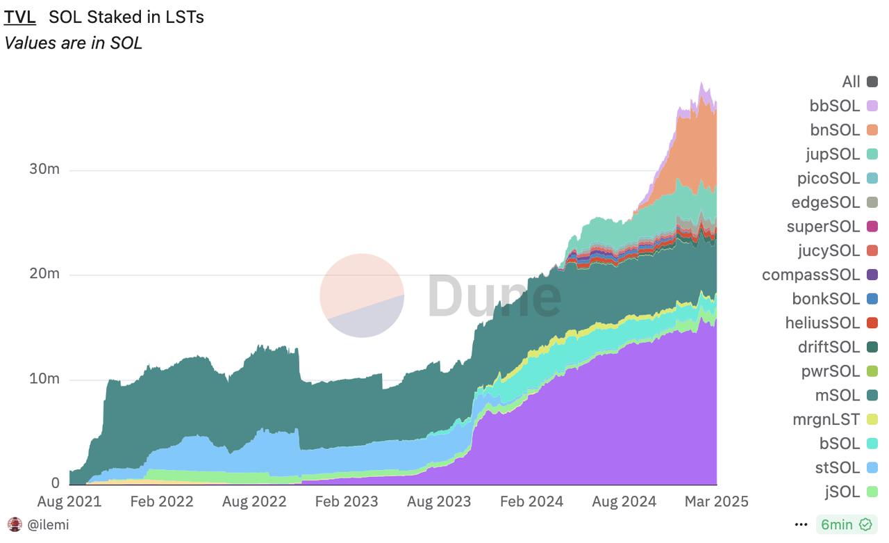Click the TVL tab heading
[x=20, y=17]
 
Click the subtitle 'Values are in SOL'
[x=73, y=43]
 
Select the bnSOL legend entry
[x=835, y=130]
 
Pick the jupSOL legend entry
[x=833, y=154]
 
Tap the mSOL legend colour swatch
[x=872, y=396]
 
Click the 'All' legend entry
[x=851, y=82]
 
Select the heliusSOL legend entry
[x=822, y=323]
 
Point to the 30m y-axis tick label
[x=44, y=170]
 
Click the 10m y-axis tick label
[x=44, y=380]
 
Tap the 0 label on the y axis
[x=55, y=483]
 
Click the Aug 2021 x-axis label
[x=69, y=501]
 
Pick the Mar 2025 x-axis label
[x=716, y=501]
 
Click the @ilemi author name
[x=48, y=525]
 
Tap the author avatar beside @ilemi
[x=14, y=525]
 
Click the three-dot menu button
[x=801, y=525]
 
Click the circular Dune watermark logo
[x=362, y=295]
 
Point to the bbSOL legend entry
[x=835, y=106]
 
